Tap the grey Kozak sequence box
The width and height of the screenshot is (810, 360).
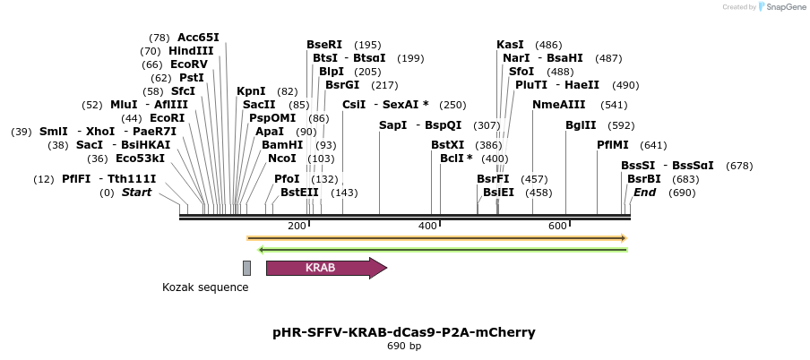tap(246, 268)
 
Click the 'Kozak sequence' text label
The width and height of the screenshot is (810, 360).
tap(205, 287)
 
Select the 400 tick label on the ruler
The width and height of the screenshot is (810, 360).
tap(427, 226)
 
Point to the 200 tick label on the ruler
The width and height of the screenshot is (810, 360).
tap(297, 226)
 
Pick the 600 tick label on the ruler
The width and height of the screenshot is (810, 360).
tap(557, 226)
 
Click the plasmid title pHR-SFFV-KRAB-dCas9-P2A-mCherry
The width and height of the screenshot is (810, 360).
tap(404, 332)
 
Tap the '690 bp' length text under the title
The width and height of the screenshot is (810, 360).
tap(404, 346)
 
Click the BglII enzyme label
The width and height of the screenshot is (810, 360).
tap(581, 125)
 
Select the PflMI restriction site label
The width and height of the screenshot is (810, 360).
tap(614, 145)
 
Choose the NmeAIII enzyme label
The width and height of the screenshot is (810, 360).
tap(558, 105)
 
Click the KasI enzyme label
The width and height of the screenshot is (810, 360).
tap(510, 45)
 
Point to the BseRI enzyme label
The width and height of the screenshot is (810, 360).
tap(324, 45)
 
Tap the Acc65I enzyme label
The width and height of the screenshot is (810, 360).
tap(198, 38)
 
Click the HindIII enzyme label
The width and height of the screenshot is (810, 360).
tap(191, 51)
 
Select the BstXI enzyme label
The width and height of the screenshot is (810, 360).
tap(448, 145)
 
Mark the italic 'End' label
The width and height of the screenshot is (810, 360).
tap(645, 193)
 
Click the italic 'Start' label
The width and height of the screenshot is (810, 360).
tap(137, 193)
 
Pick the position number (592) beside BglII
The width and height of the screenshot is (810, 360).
tap(621, 125)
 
